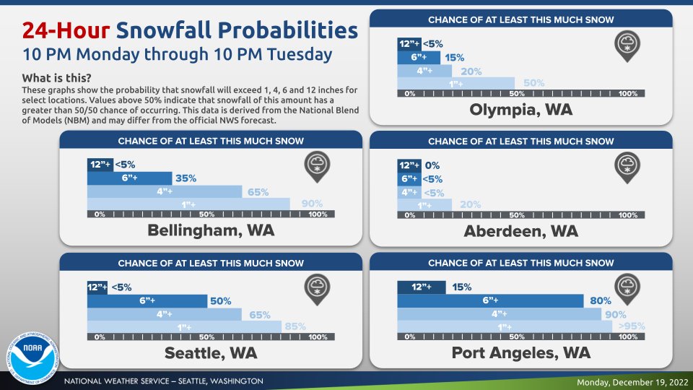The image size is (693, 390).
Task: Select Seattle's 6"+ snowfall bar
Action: click(147, 300)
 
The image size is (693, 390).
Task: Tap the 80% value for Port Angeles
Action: click(601, 300)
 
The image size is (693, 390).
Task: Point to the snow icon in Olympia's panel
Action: click(627, 45)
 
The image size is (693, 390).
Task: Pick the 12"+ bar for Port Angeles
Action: click(422, 287)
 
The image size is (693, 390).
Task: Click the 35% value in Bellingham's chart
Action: click(186, 178)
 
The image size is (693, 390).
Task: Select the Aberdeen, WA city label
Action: click(520, 231)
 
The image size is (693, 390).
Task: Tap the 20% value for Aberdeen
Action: click(470, 205)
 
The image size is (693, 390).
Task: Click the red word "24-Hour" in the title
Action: click(65, 30)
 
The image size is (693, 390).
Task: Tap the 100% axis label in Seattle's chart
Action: click(318, 337)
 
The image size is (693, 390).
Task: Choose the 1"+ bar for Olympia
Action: click(456, 83)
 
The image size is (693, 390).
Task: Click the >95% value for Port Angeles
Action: click(632, 326)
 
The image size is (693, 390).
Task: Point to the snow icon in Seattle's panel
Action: click(316, 287)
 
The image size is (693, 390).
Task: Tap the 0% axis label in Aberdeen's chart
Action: click(409, 215)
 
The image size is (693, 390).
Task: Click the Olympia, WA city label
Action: click(520, 110)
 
